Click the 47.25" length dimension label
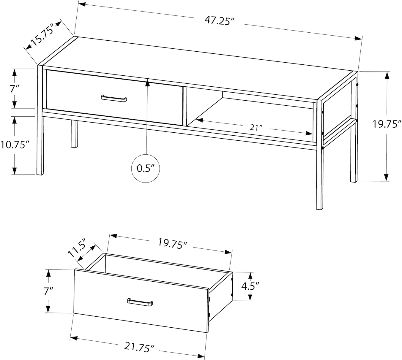[x=220, y=21]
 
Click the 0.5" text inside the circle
[x=146, y=168]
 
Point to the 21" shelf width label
[x=256, y=128]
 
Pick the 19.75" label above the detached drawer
[x=173, y=243]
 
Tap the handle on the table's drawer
[x=114, y=99]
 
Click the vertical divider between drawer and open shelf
[x=185, y=106]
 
